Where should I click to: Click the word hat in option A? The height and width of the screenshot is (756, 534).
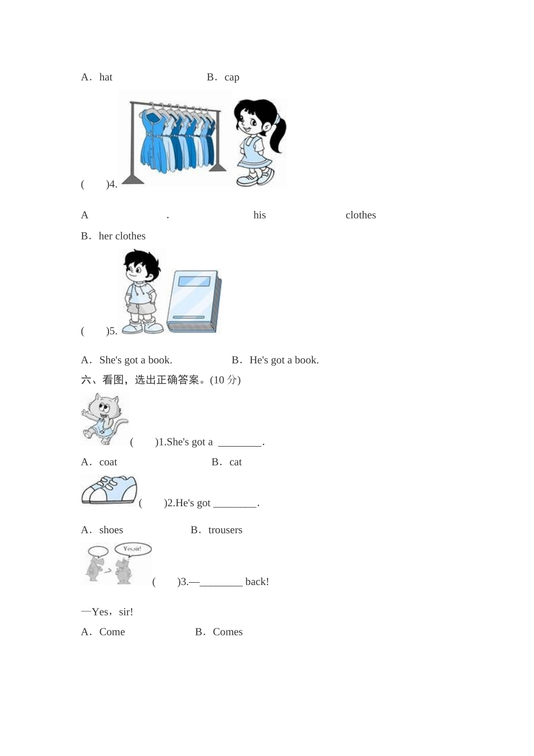coord(106,77)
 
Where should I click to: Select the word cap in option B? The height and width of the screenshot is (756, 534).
coord(232,78)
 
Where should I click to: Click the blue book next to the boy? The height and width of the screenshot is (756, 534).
coord(194,301)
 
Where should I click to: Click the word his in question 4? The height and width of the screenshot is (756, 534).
coord(259,215)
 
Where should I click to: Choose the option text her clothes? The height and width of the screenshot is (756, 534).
coord(122,236)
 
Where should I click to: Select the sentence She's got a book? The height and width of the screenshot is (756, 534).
coord(135,360)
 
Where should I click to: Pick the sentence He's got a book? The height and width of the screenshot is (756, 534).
coord(284,360)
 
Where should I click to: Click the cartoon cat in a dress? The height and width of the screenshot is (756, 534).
coord(104,418)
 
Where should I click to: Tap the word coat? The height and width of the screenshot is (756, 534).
coord(108,462)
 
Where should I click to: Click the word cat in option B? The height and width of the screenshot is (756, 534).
coord(236,462)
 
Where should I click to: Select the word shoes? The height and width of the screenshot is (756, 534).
coord(111,530)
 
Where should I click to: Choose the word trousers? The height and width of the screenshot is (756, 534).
coord(225,530)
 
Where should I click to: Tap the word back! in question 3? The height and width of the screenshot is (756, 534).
coord(257,582)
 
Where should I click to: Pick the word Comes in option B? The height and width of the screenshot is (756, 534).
coord(228,632)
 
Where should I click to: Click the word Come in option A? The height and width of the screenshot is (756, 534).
coord(112,632)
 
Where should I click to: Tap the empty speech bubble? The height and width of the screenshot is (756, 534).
coord(98,551)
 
